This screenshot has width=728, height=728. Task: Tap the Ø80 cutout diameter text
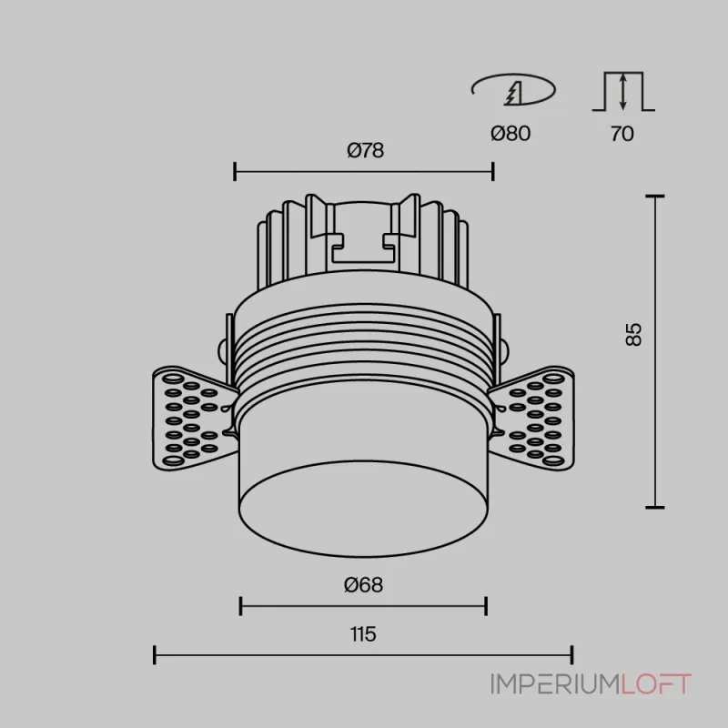coord(510,134)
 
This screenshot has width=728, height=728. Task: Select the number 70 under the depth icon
coord(622,134)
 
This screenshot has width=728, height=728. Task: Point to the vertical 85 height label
coord(634,334)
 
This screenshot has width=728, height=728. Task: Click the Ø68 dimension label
coord(363,586)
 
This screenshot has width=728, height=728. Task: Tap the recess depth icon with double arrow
coord(622,91)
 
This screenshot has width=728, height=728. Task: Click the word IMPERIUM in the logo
coord(556,683)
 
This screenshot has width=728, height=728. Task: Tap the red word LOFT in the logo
coord(657,683)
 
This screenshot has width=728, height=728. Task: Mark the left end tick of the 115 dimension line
coord(156,654)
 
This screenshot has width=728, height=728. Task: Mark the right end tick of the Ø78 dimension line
coord(492,171)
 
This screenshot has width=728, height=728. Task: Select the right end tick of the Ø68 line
coord(486,606)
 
